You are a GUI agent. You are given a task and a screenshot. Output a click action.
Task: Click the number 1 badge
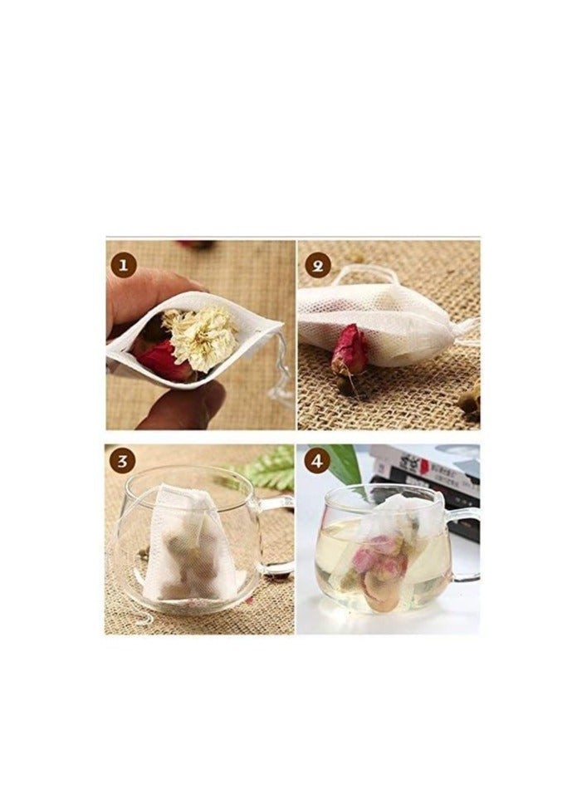(124, 266)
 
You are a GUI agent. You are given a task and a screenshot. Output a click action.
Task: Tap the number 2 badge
(317, 266)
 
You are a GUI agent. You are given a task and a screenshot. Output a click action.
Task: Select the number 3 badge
(124, 461)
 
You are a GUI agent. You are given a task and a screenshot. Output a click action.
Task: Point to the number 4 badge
(317, 461)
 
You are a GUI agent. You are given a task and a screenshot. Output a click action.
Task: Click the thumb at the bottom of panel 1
(183, 406)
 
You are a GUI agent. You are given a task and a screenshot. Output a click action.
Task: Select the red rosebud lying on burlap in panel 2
(348, 353)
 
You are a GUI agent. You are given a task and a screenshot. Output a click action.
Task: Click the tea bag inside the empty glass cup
(187, 544)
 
